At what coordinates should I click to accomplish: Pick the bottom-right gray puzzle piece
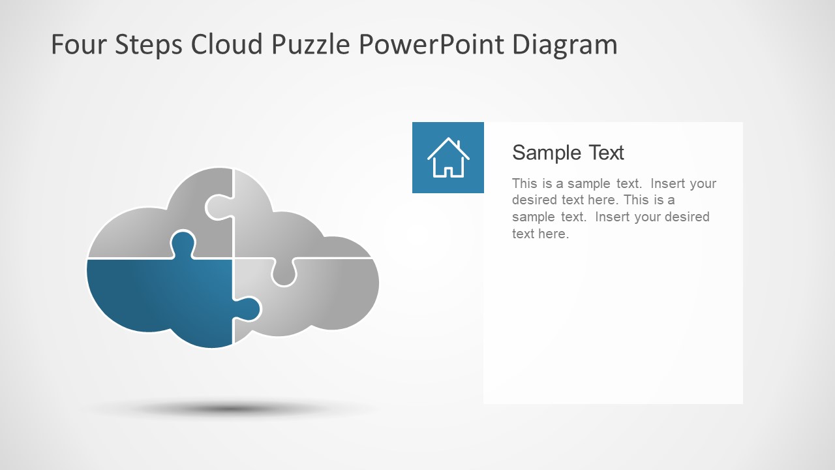point(326,294)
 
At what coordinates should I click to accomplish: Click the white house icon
point(448,158)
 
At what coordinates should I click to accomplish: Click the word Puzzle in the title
point(312,44)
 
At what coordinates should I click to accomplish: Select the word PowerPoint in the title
point(432,44)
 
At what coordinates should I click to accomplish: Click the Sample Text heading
point(568,153)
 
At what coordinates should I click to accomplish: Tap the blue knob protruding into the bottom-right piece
point(249,308)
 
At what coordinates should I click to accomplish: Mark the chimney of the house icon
point(459,145)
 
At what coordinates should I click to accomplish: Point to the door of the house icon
point(448,172)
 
